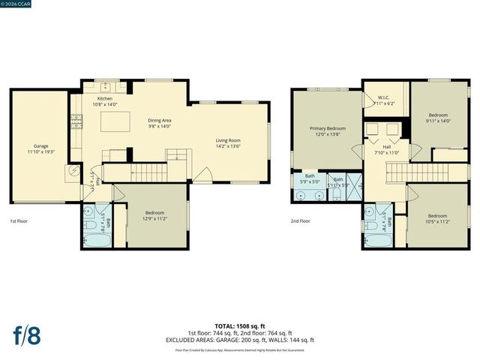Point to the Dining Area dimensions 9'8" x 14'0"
160,126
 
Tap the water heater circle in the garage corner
74,170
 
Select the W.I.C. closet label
382,97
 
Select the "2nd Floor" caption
301,221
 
